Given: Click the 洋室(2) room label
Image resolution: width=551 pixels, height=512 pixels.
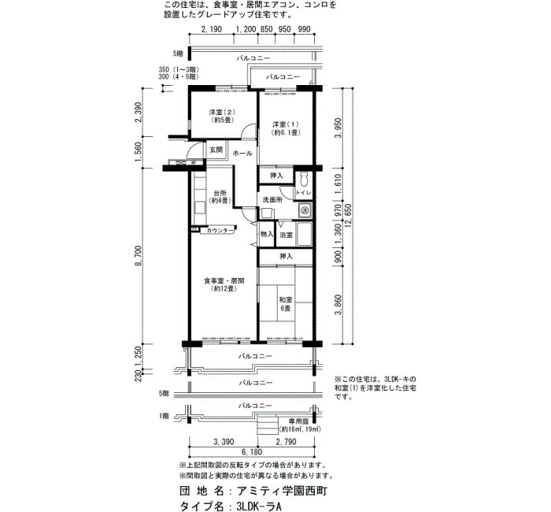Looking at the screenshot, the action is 222,116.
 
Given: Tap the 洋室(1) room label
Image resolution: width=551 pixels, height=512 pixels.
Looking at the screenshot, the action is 286,128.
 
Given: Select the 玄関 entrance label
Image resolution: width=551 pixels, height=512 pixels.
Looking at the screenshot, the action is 216,150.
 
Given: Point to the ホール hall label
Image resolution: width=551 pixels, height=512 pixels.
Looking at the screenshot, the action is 242,154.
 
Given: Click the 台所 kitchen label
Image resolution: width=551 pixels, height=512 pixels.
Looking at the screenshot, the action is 220,197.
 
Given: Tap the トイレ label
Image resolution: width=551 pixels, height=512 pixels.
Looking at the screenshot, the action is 303,192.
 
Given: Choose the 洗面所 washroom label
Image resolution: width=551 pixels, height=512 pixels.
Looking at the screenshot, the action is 272,200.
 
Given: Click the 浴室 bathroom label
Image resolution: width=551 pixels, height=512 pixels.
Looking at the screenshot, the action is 286,235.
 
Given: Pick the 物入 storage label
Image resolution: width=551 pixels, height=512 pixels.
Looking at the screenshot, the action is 267,234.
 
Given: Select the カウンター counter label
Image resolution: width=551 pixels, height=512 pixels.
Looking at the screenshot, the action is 220,231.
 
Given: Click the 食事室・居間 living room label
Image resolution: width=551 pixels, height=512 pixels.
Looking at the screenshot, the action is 224,284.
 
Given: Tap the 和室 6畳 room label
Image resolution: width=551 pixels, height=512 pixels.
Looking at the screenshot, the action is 285,304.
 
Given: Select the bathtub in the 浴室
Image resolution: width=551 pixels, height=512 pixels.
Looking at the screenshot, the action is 305,235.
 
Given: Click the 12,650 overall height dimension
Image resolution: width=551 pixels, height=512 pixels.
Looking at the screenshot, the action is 349,215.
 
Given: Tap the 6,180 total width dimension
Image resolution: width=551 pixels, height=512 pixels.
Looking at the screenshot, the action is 252,452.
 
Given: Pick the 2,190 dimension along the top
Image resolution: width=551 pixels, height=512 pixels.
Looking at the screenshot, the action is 212,29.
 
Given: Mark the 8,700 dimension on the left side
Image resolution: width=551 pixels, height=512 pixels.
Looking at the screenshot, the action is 138,256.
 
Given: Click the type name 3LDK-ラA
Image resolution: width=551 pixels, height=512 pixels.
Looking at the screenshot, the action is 259,506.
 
